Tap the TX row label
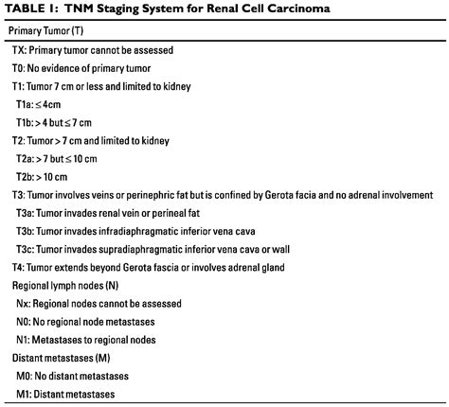click(x=19, y=50)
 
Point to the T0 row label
click(x=19, y=68)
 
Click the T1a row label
click(x=25, y=104)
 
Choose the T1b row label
click(x=25, y=122)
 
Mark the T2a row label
click(x=25, y=158)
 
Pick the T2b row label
click(x=25, y=176)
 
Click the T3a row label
click(x=25, y=213)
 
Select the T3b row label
click(x=25, y=231)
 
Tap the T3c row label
click(x=25, y=249)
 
